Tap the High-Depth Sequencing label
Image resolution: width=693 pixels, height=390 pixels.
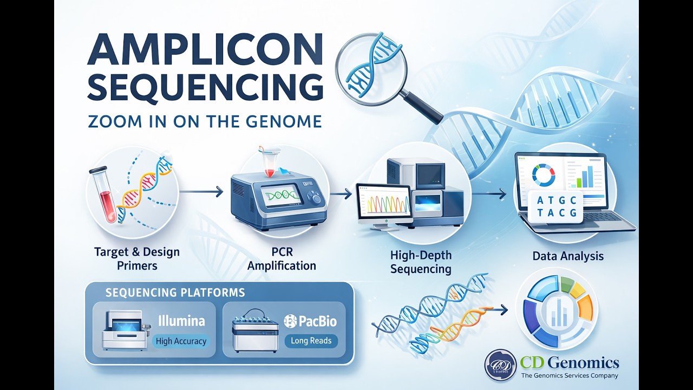[x=421, y=262]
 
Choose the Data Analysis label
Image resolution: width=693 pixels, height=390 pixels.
[x=568, y=256]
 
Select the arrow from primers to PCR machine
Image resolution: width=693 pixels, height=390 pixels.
[x=201, y=191]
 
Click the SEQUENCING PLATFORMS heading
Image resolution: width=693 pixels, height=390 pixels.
[x=175, y=293]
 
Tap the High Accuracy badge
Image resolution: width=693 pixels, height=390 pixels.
[x=180, y=341]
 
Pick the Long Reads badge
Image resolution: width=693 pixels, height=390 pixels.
[x=311, y=341]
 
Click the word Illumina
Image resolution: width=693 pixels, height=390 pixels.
[x=181, y=321]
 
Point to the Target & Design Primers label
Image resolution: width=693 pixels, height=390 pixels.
[x=136, y=258]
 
